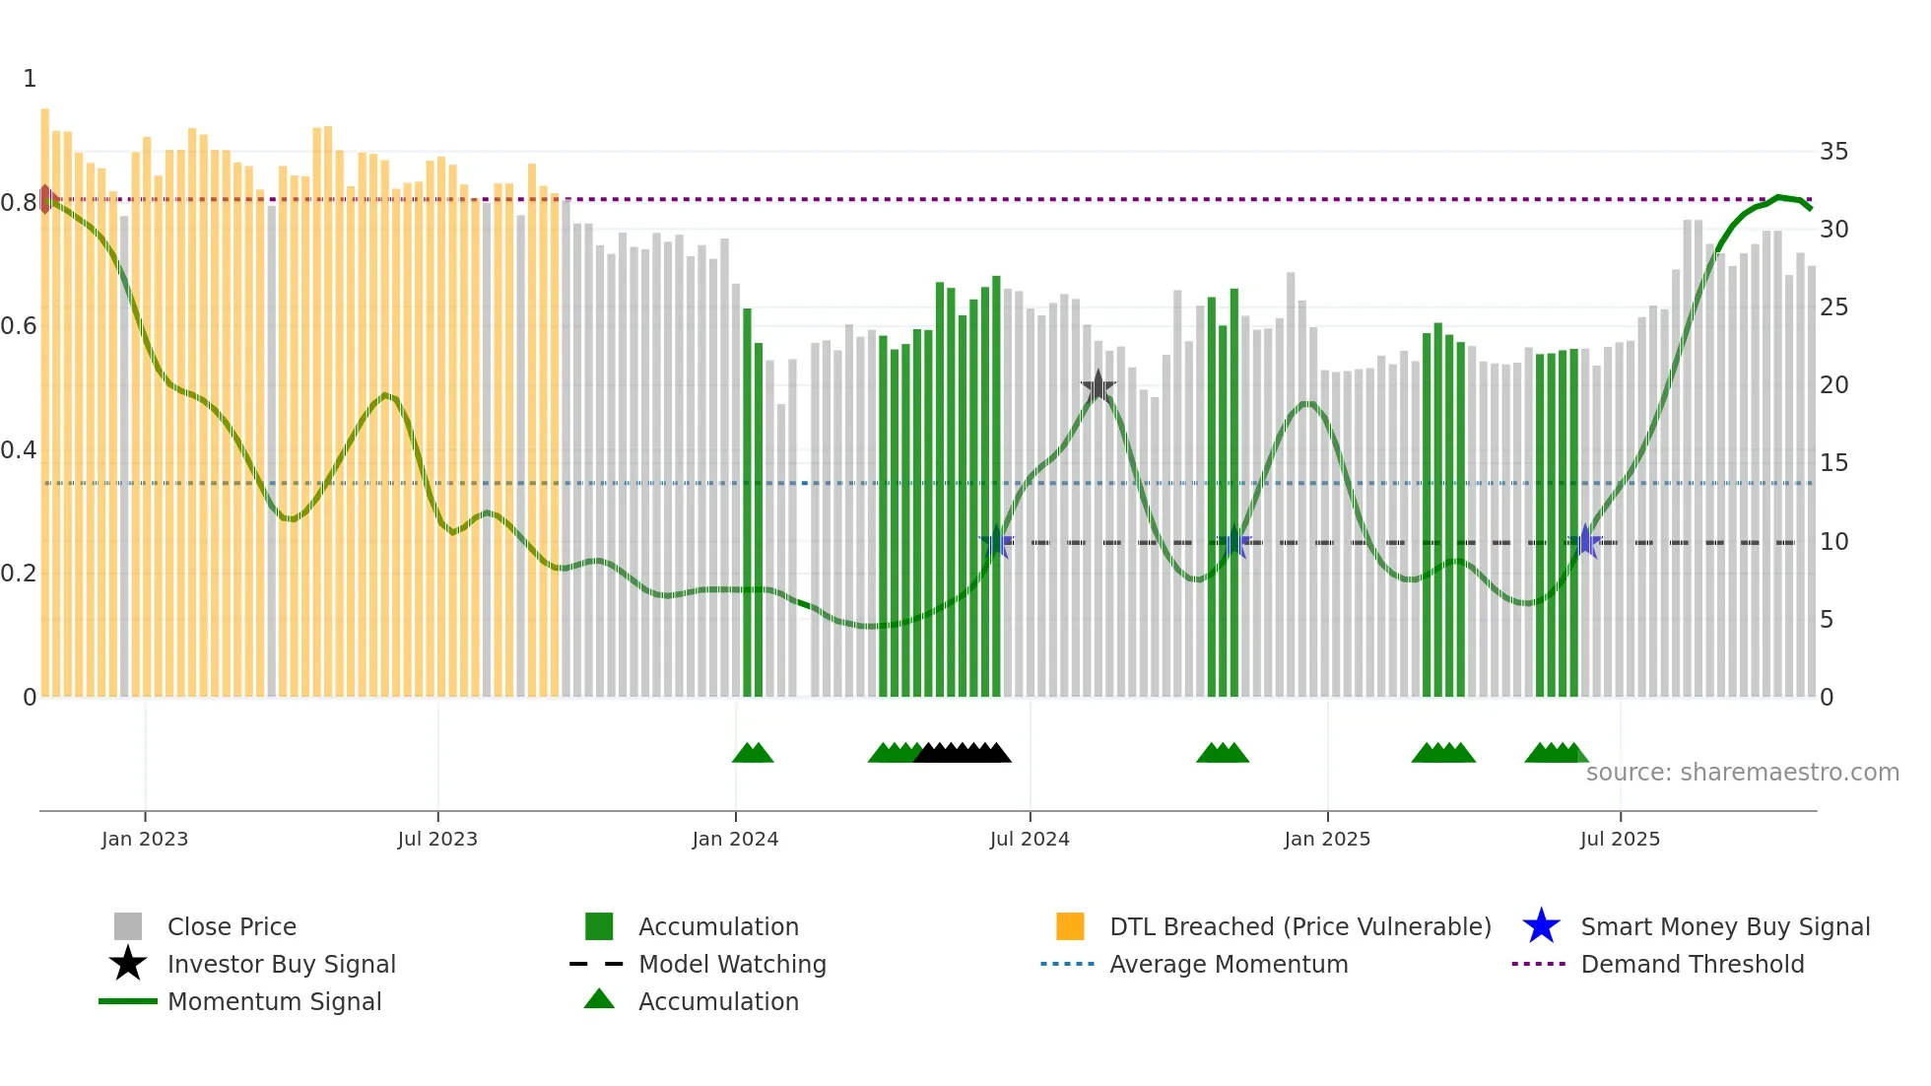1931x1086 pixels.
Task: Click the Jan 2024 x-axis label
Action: pos(735,839)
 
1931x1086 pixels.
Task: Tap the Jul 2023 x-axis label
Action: pos(437,839)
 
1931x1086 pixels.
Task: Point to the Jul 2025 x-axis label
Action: pos(1620,839)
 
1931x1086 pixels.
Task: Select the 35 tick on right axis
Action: pos(1833,152)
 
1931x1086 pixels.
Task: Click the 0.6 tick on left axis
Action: pos(19,326)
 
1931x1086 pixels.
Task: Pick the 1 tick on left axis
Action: pos(30,79)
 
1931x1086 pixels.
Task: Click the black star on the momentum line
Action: pos(1098,386)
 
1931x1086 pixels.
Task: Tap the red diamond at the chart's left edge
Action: pos(45,199)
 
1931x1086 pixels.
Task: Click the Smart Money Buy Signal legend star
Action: pos(1541,926)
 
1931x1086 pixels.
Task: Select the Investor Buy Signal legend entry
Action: pos(281,964)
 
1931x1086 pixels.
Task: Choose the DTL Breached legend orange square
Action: pos(1070,926)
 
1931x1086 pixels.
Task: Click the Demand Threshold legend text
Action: pos(1692,964)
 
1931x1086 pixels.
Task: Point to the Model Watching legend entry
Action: pos(731,964)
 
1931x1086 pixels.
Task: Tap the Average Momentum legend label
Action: pos(1228,964)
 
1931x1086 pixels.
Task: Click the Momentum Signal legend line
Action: pos(128,1001)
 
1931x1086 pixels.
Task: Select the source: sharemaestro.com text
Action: pos(1742,773)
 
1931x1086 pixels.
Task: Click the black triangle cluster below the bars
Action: pos(963,754)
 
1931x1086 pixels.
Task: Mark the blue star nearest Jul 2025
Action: pos(1584,541)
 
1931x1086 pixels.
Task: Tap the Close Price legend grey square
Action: pos(128,926)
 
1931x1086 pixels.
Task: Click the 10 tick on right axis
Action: pos(1833,542)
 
